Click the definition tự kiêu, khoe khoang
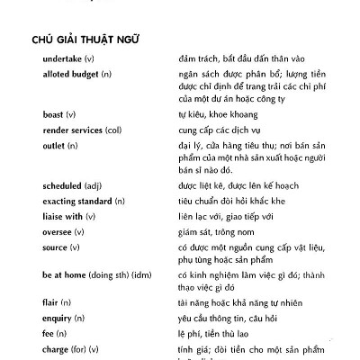tap(221, 114)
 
